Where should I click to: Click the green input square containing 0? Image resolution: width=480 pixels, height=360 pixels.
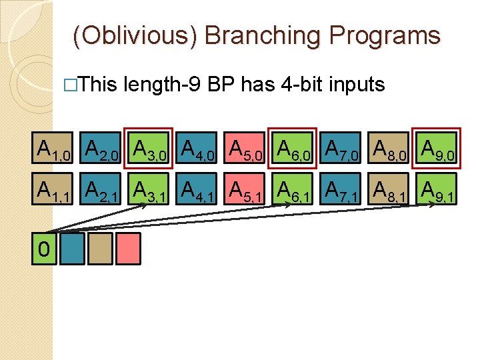coord(44,249)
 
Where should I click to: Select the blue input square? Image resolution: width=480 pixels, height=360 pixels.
coord(72,249)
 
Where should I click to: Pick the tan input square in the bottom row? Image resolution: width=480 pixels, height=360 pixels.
coord(100,249)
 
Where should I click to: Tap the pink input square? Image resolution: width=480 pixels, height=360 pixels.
coord(128,249)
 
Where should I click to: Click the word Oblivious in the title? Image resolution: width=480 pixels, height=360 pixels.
coord(135,35)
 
